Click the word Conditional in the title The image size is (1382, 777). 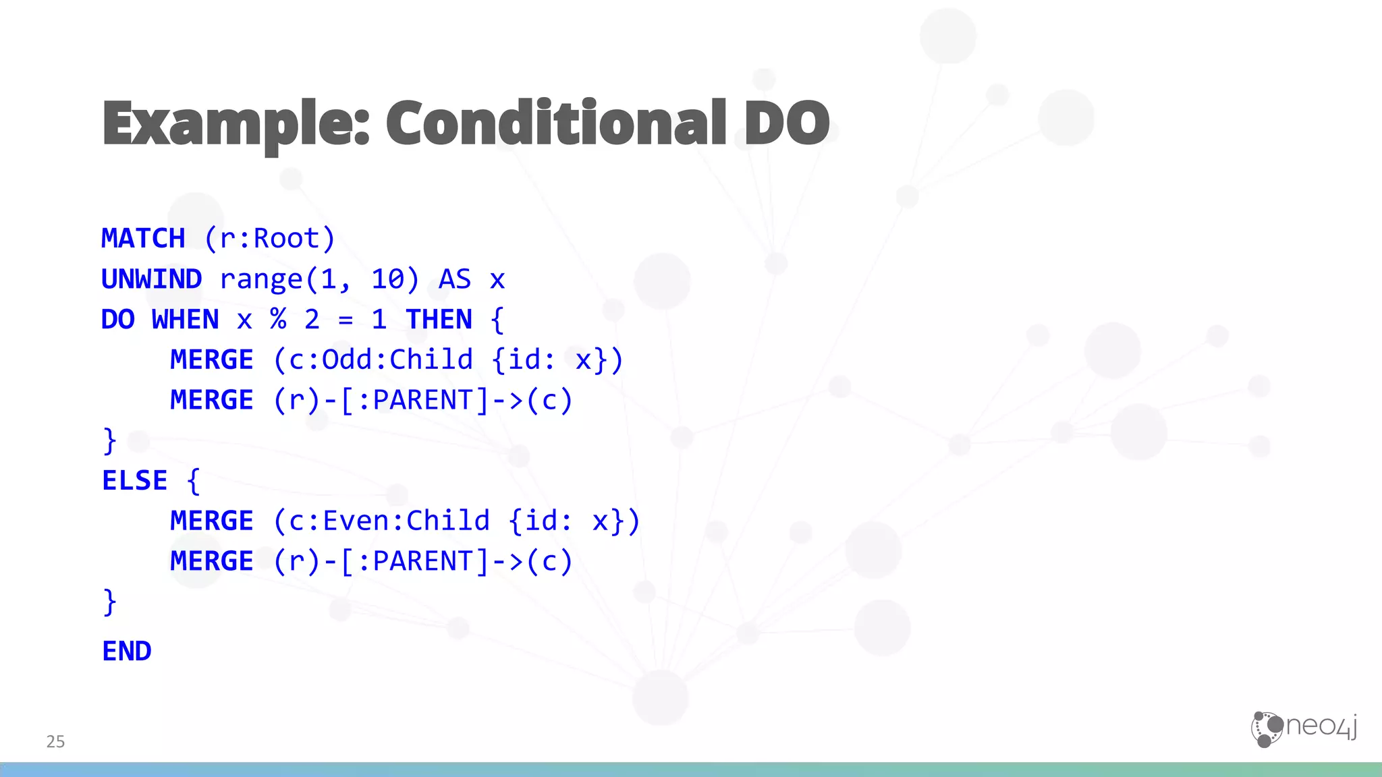pos(556,123)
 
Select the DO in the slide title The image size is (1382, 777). pos(787,123)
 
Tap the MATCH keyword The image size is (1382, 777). pos(143,239)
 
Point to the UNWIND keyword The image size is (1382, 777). pos(152,279)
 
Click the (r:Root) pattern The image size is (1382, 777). pos(269,239)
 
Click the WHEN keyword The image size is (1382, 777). pos(186,320)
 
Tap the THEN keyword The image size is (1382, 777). pos(439,320)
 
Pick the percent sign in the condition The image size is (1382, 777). pos(278,320)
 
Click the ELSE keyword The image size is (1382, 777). pos(135,481)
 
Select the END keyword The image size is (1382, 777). pos(127,652)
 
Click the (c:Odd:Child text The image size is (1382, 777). pos(373,360)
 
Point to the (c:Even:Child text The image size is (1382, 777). pos(381,521)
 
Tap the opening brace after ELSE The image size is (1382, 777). pos(194,481)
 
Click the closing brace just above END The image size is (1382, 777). pos(109,602)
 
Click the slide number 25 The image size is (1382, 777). pos(55,742)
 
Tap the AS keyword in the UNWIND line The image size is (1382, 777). pos(455,279)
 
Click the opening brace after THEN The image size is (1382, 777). pos(497,320)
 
